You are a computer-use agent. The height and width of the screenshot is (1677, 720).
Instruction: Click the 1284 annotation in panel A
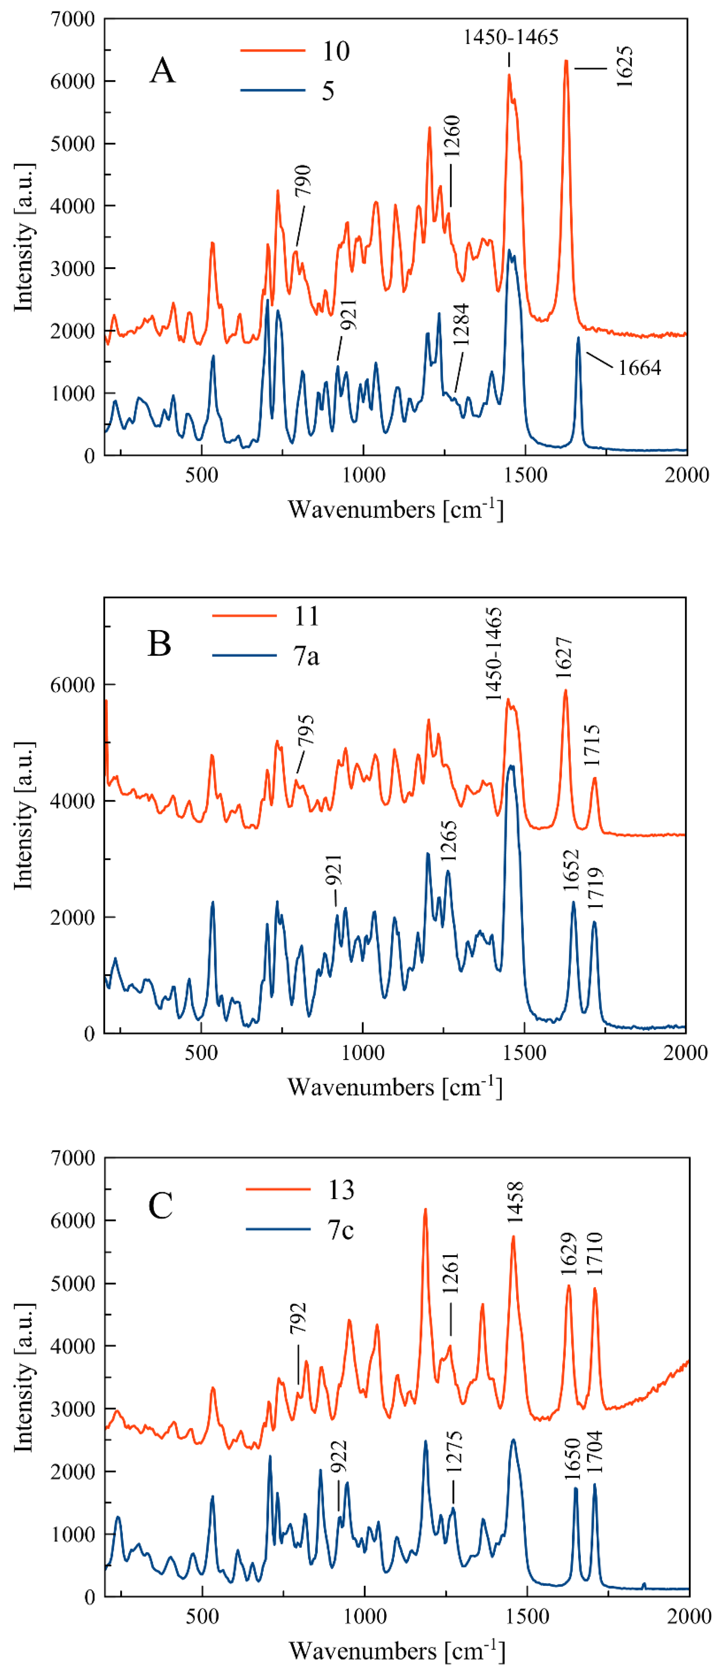pos(462,324)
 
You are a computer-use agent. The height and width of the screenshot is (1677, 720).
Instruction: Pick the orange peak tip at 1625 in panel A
pos(566,61)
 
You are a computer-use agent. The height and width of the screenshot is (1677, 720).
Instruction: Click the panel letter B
pos(159,643)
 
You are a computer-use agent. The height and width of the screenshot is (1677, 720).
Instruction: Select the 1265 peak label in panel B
pos(449,841)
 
